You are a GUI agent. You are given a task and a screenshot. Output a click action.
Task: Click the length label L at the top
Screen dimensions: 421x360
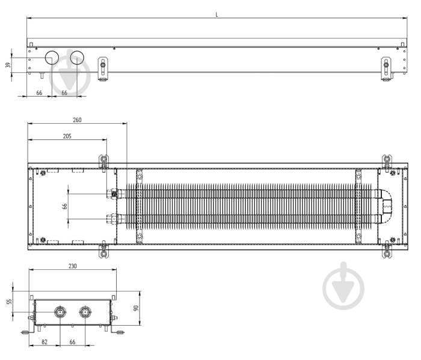[217, 15]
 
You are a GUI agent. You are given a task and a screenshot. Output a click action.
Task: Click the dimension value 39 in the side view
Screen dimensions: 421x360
[8, 65]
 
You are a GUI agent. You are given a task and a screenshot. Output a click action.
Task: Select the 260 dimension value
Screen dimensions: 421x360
[77, 120]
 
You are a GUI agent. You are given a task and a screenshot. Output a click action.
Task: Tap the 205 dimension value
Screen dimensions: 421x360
[67, 136]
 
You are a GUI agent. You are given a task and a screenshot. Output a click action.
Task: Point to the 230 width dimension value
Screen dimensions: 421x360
[73, 266]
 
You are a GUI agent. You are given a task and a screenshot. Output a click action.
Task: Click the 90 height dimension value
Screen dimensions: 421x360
[136, 308]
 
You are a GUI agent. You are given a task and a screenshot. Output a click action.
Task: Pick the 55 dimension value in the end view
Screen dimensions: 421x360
[10, 302]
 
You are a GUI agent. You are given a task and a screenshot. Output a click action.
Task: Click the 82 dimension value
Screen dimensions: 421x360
[45, 342]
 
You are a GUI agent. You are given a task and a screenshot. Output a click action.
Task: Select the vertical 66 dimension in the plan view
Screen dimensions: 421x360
[64, 206]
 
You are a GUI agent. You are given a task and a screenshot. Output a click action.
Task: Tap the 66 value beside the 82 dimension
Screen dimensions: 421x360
[73, 342]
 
